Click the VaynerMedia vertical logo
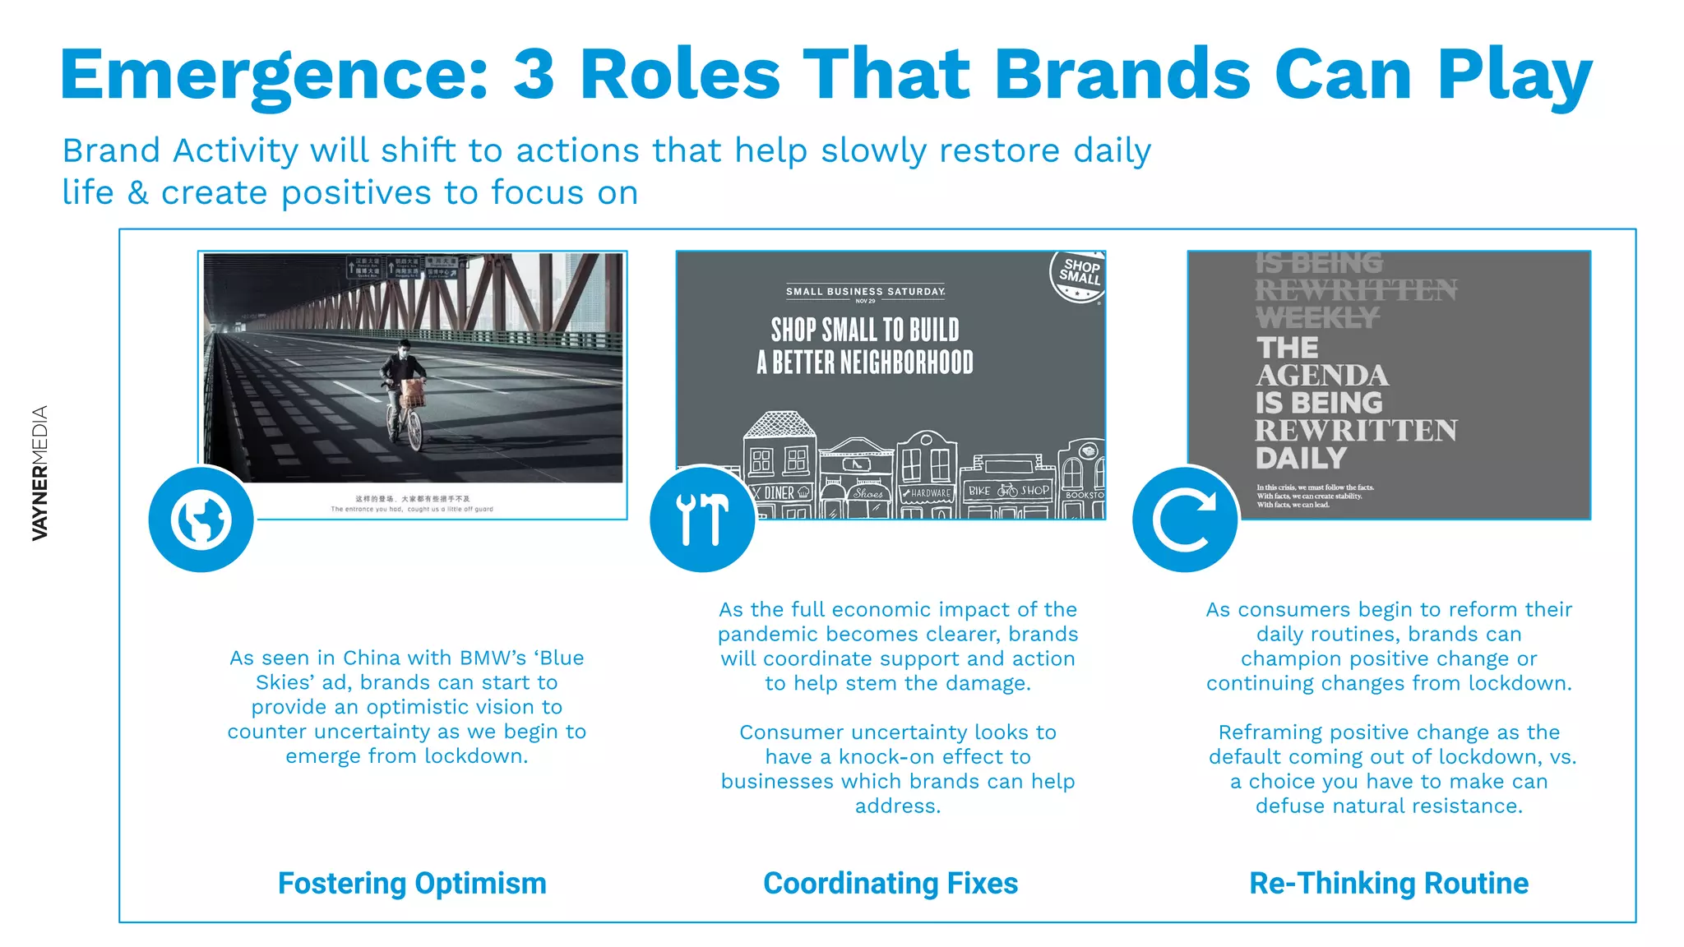[39, 473]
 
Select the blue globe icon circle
[201, 520]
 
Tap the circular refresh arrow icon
[1184, 520]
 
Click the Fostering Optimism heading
[412, 883]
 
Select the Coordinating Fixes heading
[891, 883]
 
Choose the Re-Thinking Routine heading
[1389, 883]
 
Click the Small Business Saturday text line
[865, 291]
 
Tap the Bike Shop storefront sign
[1008, 491]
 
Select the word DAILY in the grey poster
[1301, 458]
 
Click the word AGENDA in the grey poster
[1322, 376]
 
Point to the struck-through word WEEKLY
[1316, 317]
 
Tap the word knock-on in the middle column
[891, 756]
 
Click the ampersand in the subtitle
[138, 193]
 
